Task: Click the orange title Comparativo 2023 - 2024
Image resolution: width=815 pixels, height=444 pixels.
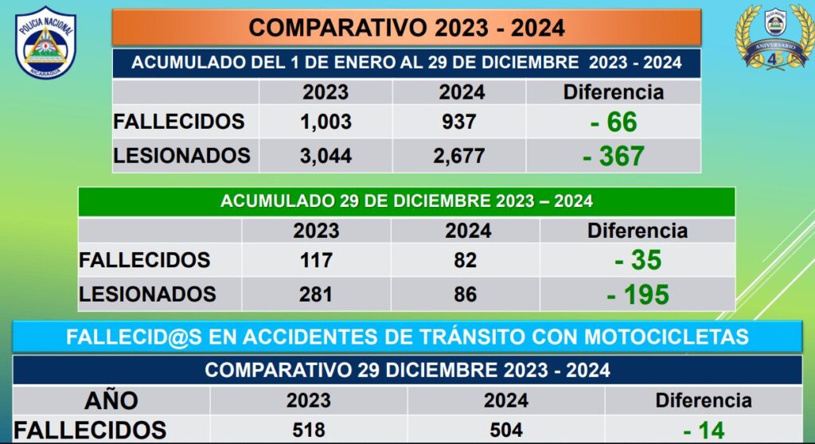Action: coord(407,28)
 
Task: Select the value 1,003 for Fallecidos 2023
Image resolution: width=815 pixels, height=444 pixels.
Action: coord(326,122)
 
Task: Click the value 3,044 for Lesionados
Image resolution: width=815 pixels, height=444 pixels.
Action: coord(326,156)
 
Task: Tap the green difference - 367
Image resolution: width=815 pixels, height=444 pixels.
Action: coord(614,156)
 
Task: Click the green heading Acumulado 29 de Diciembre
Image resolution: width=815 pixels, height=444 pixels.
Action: coord(407,201)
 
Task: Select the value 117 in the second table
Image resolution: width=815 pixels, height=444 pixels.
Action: coord(316,260)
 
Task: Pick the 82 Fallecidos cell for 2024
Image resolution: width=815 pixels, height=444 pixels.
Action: coord(466,260)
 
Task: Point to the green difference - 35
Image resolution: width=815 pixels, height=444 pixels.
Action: coord(638,260)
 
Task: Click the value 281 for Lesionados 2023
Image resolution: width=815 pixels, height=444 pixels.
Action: coord(316,294)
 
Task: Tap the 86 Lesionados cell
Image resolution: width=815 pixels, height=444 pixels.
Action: coord(466,294)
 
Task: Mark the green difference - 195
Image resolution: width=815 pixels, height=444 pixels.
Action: coord(638,295)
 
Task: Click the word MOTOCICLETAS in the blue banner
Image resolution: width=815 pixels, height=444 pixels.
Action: coord(666,337)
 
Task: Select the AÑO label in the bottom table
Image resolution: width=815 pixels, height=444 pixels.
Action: coord(111,399)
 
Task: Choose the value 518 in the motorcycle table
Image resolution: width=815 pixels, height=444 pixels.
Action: coord(308,430)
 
